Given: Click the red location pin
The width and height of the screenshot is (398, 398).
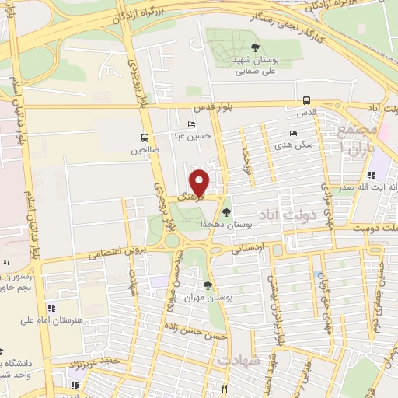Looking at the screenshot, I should [x=201, y=183].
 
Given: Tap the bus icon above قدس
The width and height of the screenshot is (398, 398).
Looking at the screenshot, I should [x=306, y=100].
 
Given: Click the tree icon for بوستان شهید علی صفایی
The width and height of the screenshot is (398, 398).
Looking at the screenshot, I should [x=255, y=48].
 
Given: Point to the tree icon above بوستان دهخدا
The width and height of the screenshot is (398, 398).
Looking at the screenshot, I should [x=226, y=211].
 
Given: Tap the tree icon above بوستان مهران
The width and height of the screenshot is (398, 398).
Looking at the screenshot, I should [x=208, y=285].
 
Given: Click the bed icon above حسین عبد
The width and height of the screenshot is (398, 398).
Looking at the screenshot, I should [x=192, y=124].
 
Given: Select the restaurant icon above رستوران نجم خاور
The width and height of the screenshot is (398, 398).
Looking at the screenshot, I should [x=5, y=265].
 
